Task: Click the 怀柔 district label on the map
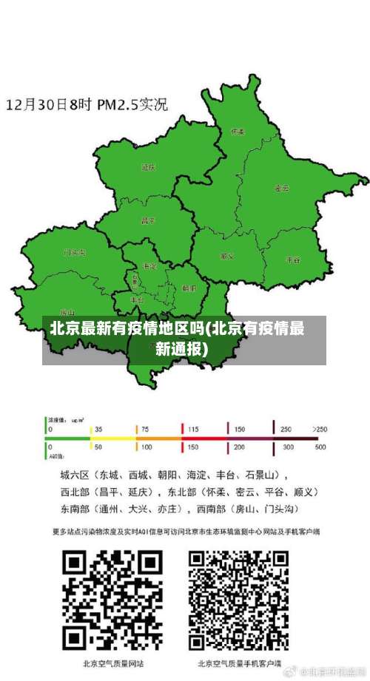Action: point(238,132)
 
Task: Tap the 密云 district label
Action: point(282,188)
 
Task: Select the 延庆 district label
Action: point(148,167)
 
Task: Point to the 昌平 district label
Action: point(148,220)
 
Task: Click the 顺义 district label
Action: point(227,256)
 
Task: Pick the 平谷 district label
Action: point(293,260)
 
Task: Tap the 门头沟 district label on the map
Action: point(75,252)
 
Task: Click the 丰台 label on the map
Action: point(137,301)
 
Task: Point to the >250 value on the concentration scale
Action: point(320,429)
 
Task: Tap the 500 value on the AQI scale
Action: point(320,447)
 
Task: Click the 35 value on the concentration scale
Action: point(98,429)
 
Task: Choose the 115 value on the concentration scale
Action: point(193,429)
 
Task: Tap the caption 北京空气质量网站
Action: point(113,663)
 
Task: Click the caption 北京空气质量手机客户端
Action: point(239,663)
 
